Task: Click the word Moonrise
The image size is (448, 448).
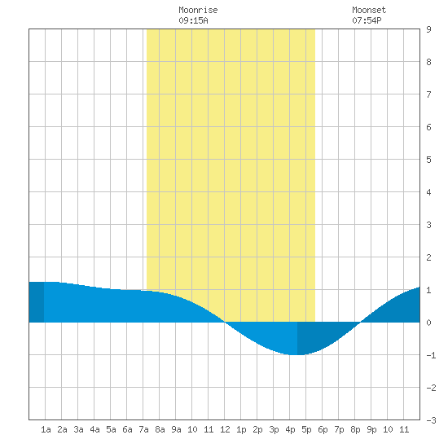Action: click(198, 10)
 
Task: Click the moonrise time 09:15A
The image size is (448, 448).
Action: click(193, 20)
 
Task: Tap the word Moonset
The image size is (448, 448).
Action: click(369, 10)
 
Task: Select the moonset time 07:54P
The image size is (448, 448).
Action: click(367, 20)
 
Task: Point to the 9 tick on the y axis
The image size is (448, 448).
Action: click(428, 29)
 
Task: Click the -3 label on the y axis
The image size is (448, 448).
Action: click(431, 420)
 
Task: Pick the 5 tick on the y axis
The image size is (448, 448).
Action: click(428, 160)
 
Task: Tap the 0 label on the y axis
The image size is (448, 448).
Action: click(428, 323)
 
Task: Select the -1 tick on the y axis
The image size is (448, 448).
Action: click(431, 355)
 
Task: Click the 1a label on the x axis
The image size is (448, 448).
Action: click(46, 429)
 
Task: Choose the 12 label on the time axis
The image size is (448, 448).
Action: click(225, 429)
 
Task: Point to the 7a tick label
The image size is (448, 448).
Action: click(143, 429)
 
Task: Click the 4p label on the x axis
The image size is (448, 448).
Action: click(290, 429)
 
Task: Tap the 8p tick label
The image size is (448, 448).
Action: click(355, 429)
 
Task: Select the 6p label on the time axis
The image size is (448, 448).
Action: click(323, 429)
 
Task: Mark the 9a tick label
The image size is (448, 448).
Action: click(176, 429)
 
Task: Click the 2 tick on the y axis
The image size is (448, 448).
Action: click(428, 257)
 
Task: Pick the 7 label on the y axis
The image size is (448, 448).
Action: click(428, 94)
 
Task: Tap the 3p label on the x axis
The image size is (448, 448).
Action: click(274, 429)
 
